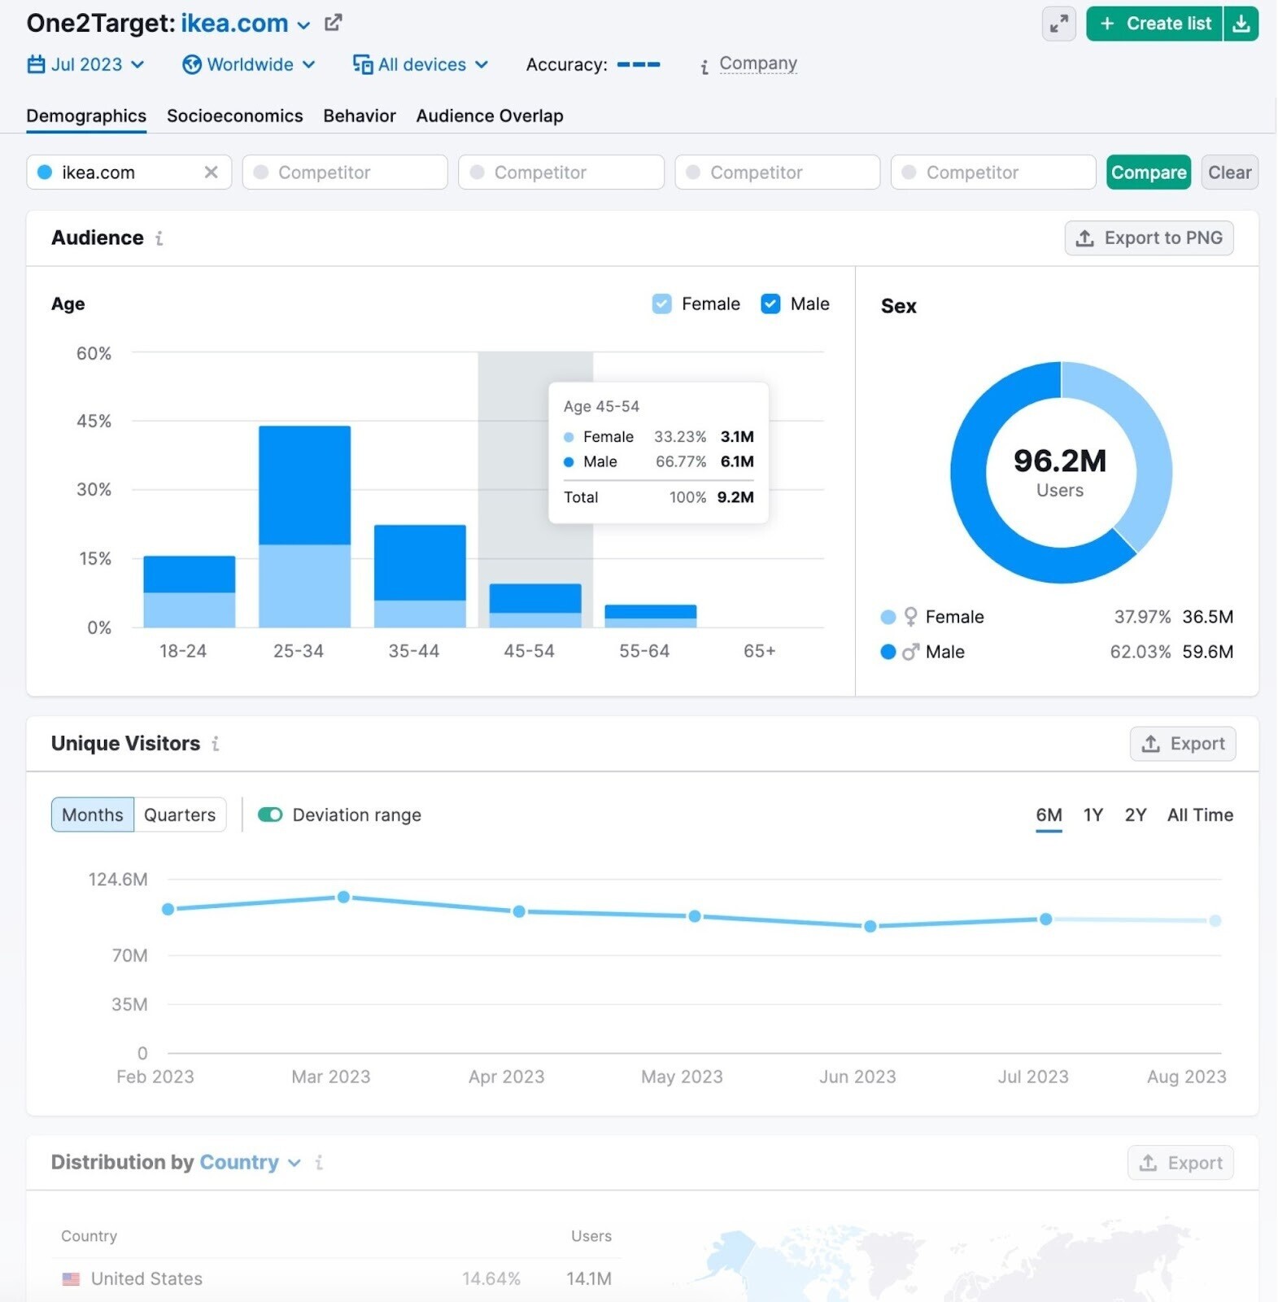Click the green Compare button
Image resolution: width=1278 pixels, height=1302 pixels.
pyautogui.click(x=1148, y=173)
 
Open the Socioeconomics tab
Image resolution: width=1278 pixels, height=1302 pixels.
pyautogui.click(x=234, y=116)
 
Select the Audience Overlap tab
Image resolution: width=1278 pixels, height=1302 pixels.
pyautogui.click(x=489, y=116)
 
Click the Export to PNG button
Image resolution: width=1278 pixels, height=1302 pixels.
pyautogui.click(x=1148, y=238)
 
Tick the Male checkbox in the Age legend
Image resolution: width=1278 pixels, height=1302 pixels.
pyautogui.click(x=770, y=304)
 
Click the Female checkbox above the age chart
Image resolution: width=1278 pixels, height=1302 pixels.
pyautogui.click(x=661, y=304)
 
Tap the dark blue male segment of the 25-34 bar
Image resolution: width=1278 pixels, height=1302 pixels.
pyautogui.click(x=304, y=485)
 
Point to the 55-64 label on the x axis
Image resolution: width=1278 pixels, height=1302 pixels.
pyautogui.click(x=643, y=651)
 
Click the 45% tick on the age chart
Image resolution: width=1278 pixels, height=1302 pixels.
pyautogui.click(x=94, y=421)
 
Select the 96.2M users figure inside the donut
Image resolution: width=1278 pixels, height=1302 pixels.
pyautogui.click(x=1059, y=461)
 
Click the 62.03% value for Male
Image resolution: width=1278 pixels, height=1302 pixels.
pyautogui.click(x=1140, y=652)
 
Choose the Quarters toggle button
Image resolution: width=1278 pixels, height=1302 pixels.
pyautogui.click(x=180, y=815)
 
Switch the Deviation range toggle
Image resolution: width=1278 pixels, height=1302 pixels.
pyautogui.click(x=270, y=815)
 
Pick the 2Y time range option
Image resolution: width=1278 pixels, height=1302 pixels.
pyautogui.click(x=1135, y=815)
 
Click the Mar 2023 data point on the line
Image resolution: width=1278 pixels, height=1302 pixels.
pyautogui.click(x=343, y=897)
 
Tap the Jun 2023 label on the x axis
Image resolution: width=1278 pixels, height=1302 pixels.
pyautogui.click(x=857, y=1077)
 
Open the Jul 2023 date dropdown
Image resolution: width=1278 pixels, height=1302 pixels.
pyautogui.click(x=86, y=64)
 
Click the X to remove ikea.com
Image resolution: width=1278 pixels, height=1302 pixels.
pyautogui.click(x=211, y=173)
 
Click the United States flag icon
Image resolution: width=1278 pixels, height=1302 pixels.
pyautogui.click(x=72, y=1278)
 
